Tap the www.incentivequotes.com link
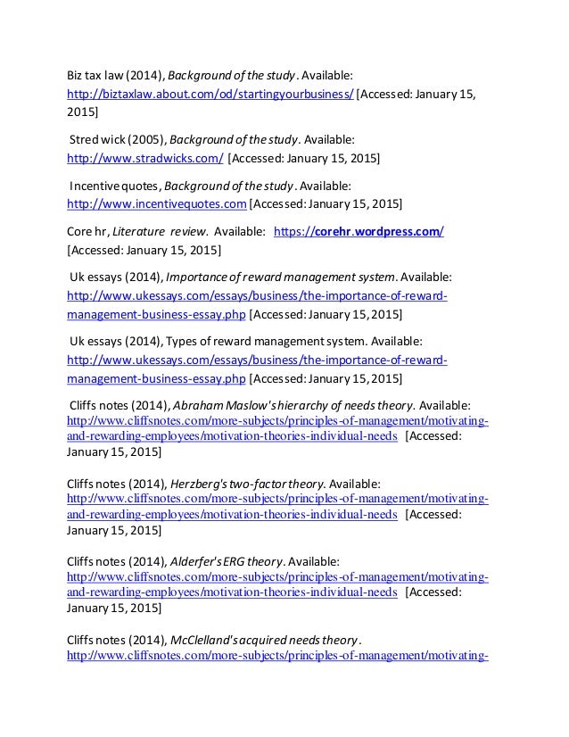click(157, 204)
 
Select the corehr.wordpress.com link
click(359, 232)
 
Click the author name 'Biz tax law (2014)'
click(117, 76)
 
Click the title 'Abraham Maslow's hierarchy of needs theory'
click(294, 405)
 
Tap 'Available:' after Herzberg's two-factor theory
click(354, 483)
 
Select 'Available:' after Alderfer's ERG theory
click(313, 561)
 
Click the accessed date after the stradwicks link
click(304, 159)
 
